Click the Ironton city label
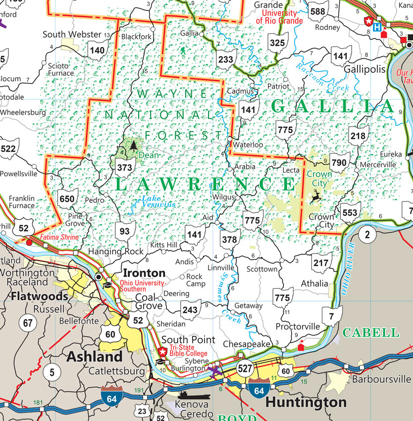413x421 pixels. pos(144,273)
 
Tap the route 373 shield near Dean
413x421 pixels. pos(124,168)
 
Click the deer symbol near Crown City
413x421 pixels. pos(314,196)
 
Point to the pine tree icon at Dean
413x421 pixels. pos(133,145)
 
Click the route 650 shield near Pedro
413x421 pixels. pos(67,199)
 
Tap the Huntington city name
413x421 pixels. pos(306,401)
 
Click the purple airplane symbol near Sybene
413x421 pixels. pos(215,371)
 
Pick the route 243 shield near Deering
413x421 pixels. pos(190,309)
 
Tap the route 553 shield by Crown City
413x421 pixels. pos(350,213)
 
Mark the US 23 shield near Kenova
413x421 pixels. pos(142,411)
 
